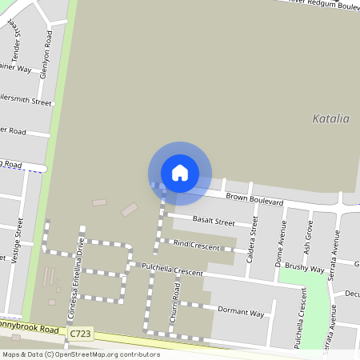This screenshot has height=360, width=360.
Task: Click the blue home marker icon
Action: [x=180, y=172]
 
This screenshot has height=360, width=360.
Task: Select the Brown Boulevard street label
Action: [x=254, y=200]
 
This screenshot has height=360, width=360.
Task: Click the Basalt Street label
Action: [x=213, y=222]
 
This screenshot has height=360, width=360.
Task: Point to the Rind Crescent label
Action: [x=195, y=247]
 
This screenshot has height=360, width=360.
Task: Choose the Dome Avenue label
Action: [x=280, y=251]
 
